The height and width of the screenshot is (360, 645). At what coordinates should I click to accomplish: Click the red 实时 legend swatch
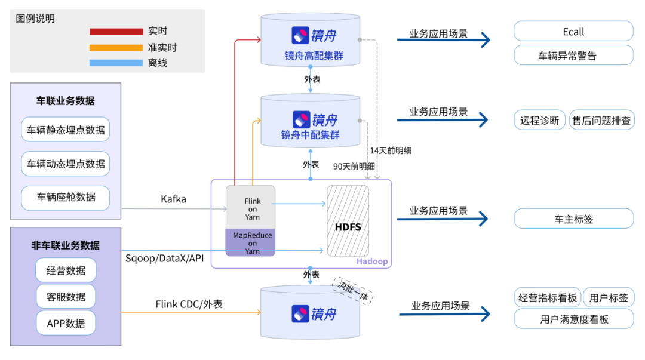116,32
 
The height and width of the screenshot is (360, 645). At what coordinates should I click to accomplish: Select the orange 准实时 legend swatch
116,47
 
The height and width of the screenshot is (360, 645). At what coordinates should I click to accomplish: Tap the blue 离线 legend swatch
116,63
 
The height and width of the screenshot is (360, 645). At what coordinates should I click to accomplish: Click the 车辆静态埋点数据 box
66,130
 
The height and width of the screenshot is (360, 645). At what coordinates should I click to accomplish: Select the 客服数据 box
66,297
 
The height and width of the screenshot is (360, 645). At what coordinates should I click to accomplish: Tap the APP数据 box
66,323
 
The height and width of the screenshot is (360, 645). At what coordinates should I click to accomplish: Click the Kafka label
173,199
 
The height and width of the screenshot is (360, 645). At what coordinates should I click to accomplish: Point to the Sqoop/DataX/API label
165,258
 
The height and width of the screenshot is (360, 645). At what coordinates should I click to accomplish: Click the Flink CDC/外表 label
189,304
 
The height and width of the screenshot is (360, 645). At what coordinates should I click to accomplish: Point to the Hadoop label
371,261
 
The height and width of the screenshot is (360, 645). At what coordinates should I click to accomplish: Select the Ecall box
573,32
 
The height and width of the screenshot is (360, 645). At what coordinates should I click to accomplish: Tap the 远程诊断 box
539,120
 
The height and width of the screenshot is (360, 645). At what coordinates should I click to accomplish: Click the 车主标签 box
573,219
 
